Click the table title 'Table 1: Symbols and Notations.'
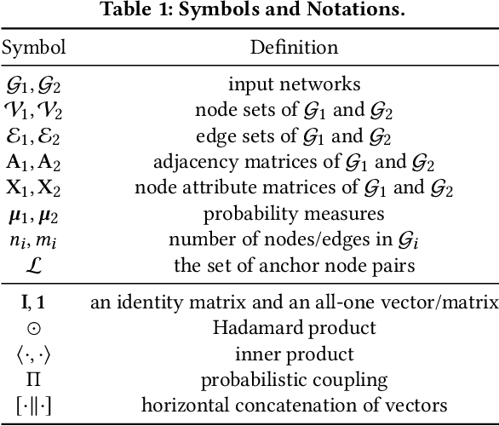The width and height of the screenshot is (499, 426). click(x=249, y=12)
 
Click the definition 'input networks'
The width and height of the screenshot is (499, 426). click(x=293, y=84)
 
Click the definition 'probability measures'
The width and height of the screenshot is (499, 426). click(x=293, y=213)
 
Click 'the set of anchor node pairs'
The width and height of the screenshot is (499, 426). click(x=293, y=265)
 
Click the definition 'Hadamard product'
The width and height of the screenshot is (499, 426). click(x=293, y=327)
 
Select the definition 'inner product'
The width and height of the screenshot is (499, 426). click(x=293, y=353)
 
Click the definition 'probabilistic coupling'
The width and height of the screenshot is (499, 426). click(x=293, y=379)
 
